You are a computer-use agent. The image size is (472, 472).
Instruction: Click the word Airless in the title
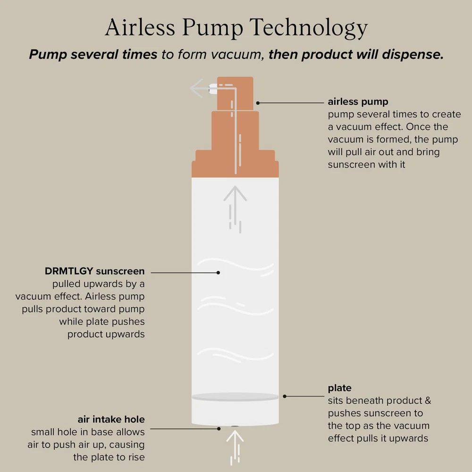(x=140, y=27)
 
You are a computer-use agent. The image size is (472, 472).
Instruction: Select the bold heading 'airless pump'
(x=358, y=102)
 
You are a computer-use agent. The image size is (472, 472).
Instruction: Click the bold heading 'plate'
(x=339, y=388)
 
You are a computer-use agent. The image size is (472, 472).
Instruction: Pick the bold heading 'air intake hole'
(x=111, y=419)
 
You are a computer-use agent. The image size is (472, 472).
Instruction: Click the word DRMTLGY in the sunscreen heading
(x=69, y=271)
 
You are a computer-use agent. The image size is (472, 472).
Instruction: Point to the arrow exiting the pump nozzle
(x=200, y=88)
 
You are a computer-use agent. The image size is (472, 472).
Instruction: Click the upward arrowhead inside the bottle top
(x=235, y=193)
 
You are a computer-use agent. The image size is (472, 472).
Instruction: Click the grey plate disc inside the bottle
(x=235, y=397)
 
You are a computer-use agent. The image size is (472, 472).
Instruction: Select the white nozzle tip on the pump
(x=213, y=89)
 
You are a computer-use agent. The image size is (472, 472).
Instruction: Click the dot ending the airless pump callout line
(x=258, y=103)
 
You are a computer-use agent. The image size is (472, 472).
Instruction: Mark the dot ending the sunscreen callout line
(x=218, y=272)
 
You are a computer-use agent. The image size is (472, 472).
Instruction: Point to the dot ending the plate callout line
(x=285, y=396)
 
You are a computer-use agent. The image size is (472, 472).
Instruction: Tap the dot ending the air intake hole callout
(x=219, y=429)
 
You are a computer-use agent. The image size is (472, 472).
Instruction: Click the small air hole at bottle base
(x=235, y=426)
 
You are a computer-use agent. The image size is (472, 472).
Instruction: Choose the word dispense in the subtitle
(x=413, y=55)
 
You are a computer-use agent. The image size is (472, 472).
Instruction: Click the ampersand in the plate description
(x=428, y=401)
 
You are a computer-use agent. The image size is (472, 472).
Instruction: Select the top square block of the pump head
(x=235, y=93)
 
